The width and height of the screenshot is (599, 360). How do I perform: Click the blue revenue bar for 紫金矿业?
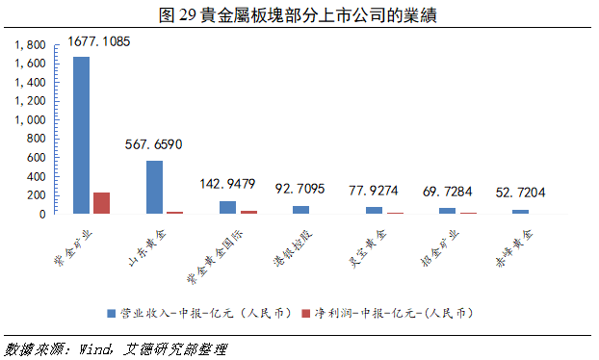point(82,135)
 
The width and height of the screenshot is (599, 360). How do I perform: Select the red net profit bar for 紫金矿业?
point(101,203)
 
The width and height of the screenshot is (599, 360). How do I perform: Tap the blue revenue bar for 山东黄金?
point(155,187)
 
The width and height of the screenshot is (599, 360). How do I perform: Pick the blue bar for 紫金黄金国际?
point(228,207)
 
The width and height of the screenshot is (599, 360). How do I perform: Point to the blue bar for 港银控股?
point(301,209)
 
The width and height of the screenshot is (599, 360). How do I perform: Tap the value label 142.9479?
point(227,183)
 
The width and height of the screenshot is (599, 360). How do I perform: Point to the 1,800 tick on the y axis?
point(32,45)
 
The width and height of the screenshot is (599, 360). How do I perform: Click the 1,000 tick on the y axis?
point(32,120)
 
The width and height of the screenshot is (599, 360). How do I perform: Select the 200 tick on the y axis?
point(36,195)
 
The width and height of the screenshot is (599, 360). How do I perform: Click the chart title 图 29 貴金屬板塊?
point(298,13)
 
